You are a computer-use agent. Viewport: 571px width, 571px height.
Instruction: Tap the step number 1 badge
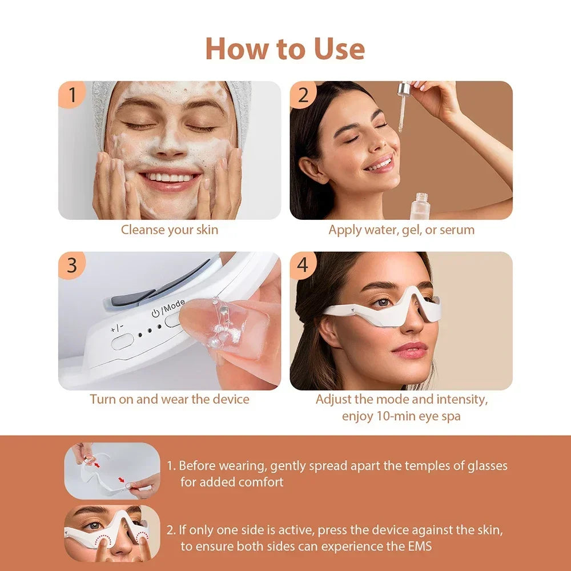point(72,95)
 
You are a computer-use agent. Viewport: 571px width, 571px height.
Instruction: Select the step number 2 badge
point(303,95)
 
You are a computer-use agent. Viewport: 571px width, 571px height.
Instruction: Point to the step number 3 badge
point(72,266)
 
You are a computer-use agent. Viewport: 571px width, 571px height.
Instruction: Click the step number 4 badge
point(303,266)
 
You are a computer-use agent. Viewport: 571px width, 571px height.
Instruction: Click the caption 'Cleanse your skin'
point(170,230)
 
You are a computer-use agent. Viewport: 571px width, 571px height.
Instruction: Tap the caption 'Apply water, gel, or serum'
point(401,230)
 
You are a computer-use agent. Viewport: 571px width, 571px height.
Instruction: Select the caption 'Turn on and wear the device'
point(170,399)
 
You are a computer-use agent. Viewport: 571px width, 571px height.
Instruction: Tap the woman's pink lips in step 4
point(409,349)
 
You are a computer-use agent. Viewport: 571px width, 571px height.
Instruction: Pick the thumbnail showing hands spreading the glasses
point(112,471)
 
